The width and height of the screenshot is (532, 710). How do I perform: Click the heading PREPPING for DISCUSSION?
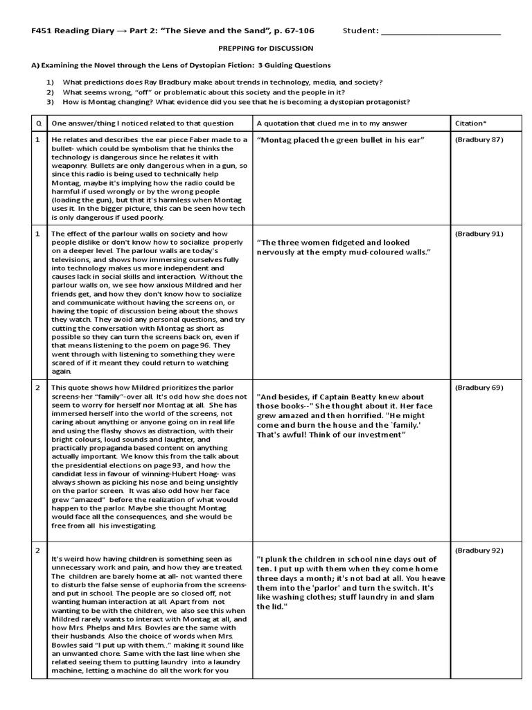point(265,49)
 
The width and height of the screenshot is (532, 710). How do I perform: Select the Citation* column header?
point(471,123)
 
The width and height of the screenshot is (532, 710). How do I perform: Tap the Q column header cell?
point(38,123)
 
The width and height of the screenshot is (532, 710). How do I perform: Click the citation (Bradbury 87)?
point(479,140)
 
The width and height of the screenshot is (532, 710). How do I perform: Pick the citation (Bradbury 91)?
point(479,234)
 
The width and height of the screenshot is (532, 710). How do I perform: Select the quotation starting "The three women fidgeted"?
point(344,248)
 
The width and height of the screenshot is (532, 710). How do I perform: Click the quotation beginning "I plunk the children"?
point(346,582)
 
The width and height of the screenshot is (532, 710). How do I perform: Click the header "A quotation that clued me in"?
point(332,123)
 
